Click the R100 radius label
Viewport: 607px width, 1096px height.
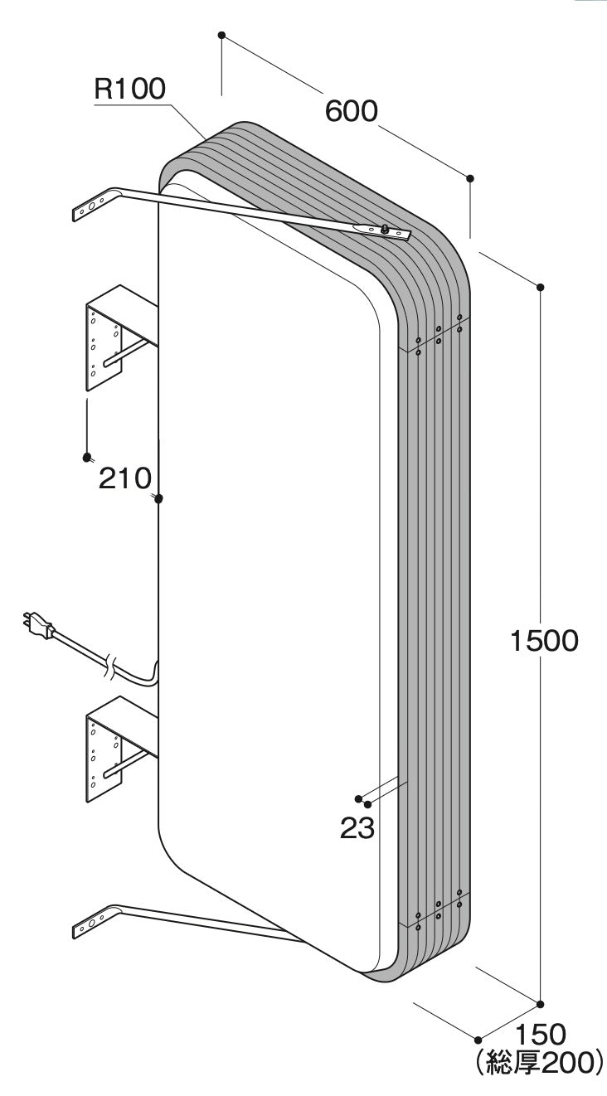[x=129, y=89]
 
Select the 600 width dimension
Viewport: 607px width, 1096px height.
[x=352, y=111]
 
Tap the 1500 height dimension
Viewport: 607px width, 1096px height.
[x=544, y=641]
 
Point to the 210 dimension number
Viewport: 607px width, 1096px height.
[x=125, y=478]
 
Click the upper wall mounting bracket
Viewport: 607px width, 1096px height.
[x=121, y=338]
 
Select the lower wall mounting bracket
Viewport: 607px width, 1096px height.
[x=121, y=749]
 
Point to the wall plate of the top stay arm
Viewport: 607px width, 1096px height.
[x=91, y=208]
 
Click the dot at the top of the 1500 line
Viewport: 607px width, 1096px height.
[x=541, y=287]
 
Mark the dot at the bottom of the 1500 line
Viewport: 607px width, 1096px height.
[x=541, y=1005]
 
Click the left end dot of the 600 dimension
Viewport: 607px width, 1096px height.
[x=221, y=35]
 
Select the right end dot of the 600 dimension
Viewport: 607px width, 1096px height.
[x=470, y=177]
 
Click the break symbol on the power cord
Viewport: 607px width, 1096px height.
[x=110, y=667]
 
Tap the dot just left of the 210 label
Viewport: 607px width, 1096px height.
[x=87, y=458]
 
